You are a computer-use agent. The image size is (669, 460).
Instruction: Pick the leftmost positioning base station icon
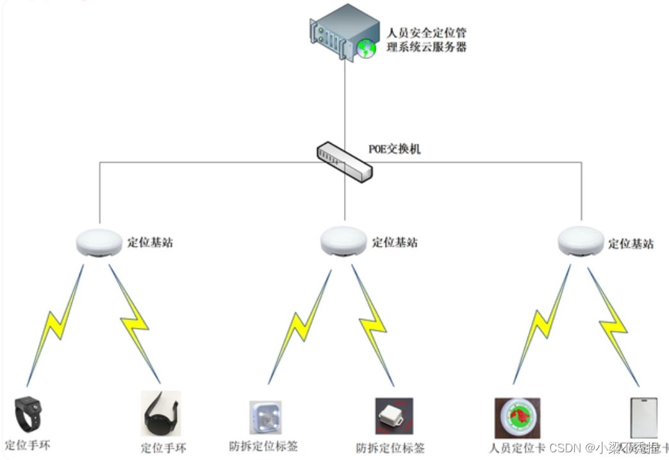pyautogui.click(x=99, y=243)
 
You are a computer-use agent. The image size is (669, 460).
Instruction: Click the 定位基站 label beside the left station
pyautogui.click(x=150, y=243)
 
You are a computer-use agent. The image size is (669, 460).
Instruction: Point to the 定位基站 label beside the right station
pyautogui.click(x=631, y=244)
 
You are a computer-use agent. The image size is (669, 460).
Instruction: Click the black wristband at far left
pyautogui.click(x=30, y=414)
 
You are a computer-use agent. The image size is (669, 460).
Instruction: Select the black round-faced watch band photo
pyautogui.click(x=160, y=414)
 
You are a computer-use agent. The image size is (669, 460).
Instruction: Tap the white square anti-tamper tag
pyautogui.click(x=265, y=418)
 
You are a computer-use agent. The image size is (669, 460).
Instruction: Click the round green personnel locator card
pyautogui.click(x=517, y=418)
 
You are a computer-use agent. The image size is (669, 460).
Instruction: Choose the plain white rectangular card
pyautogui.click(x=643, y=418)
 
